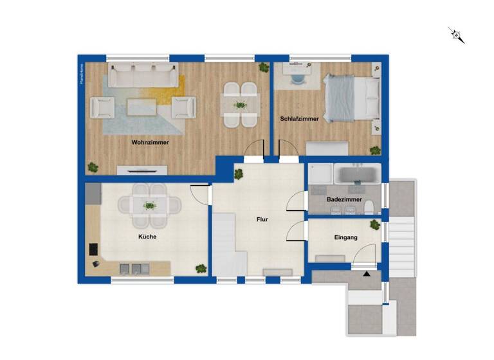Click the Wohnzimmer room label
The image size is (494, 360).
[x=150, y=143]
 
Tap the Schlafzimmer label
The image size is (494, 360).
[x=300, y=119]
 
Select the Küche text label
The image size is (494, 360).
[x=147, y=237]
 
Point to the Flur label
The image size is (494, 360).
[x=262, y=220]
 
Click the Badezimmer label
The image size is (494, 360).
[x=343, y=200]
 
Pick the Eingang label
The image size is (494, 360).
[x=345, y=238]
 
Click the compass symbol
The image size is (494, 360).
[x=457, y=35]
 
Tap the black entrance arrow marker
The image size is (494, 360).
[x=367, y=274]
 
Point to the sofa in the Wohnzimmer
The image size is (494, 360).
[x=142, y=76]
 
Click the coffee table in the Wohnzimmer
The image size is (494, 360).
[x=142, y=107]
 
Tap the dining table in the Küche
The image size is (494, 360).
[x=150, y=206]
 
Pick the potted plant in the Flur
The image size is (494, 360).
[x=239, y=172]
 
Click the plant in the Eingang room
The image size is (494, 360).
[x=374, y=225]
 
